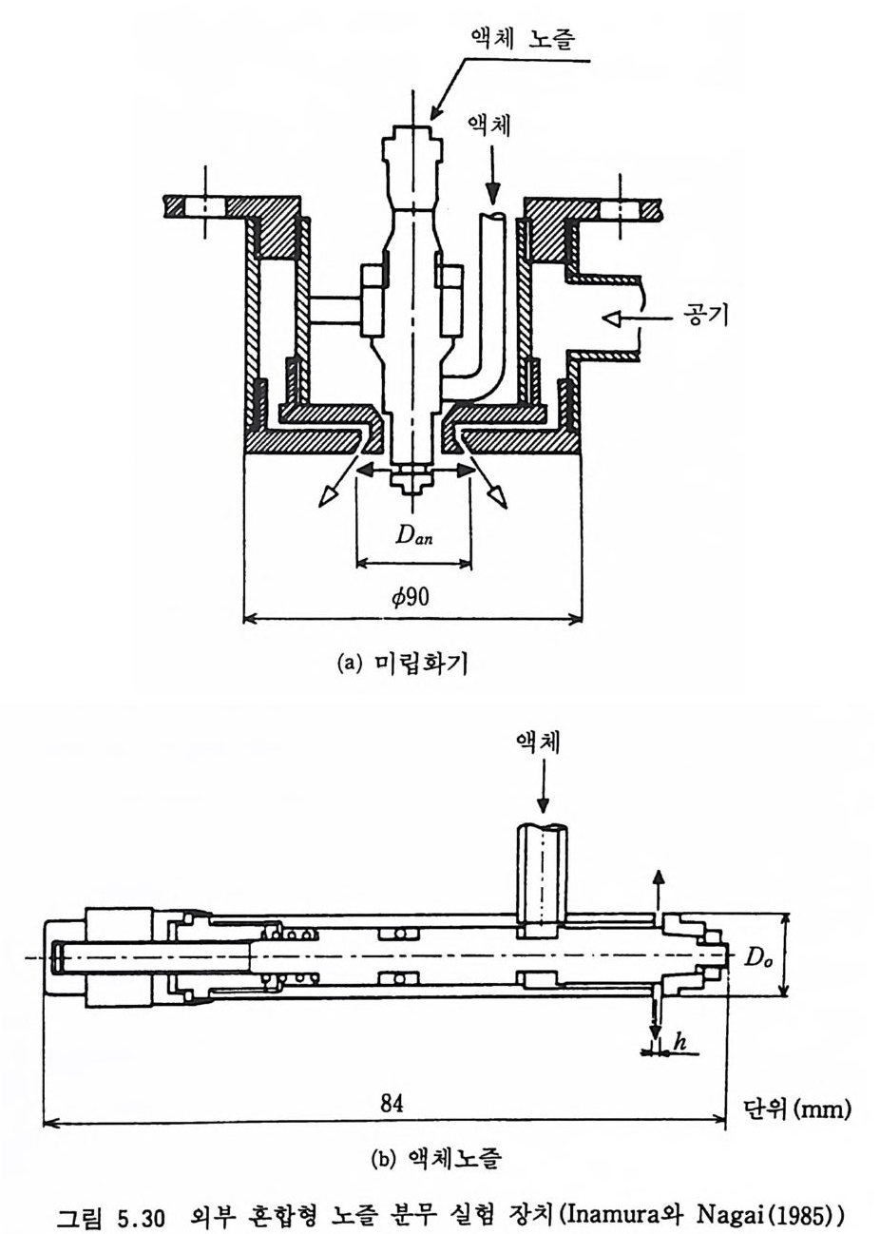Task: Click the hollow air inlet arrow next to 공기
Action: [638, 318]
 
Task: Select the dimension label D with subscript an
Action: [413, 533]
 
